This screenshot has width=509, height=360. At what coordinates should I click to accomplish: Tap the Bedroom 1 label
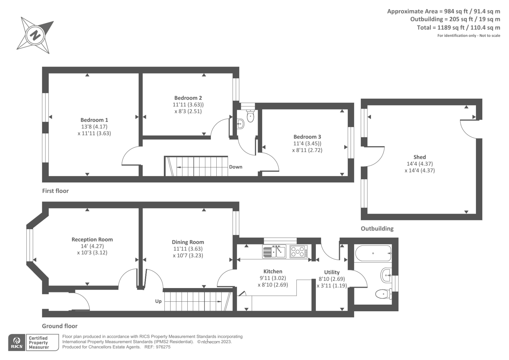pyautogui.click(x=94, y=120)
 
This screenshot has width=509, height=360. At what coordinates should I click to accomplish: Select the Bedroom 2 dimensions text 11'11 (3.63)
pyautogui.click(x=188, y=105)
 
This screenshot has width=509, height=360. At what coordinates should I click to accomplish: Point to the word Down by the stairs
pyautogui.click(x=235, y=167)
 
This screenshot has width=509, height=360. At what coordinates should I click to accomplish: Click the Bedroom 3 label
pyautogui.click(x=307, y=137)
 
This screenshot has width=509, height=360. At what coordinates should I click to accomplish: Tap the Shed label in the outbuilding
pyautogui.click(x=419, y=157)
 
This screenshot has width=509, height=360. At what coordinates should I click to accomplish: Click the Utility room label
pyautogui.click(x=331, y=272)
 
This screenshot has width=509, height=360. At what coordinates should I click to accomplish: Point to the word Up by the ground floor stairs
pyautogui.click(x=158, y=301)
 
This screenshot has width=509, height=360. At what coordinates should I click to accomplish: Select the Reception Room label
pyautogui.click(x=92, y=239)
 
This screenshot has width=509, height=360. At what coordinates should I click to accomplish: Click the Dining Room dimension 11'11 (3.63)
pyautogui.click(x=188, y=249)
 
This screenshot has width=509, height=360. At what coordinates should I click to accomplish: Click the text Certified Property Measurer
pyautogui.click(x=38, y=342)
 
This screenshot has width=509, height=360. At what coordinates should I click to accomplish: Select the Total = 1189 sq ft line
pyautogui.click(x=458, y=28)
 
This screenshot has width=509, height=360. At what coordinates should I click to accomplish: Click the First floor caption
pyautogui.click(x=55, y=191)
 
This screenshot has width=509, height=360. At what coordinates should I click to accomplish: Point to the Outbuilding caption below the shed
pyautogui.click(x=377, y=229)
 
